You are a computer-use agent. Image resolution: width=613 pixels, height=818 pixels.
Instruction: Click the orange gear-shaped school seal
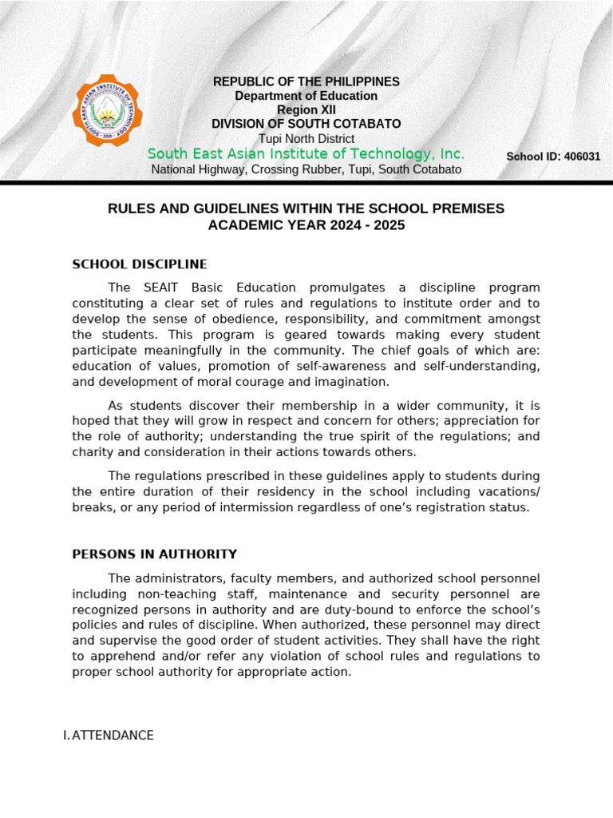107,111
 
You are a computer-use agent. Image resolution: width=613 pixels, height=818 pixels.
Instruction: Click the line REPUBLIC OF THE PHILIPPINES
306,81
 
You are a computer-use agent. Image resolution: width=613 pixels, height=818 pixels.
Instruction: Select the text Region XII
306,110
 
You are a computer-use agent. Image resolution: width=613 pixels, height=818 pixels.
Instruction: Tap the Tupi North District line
306,139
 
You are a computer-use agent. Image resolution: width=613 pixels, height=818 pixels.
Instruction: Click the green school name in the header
306,153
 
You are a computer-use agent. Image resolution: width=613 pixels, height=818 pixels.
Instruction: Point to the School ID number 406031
582,157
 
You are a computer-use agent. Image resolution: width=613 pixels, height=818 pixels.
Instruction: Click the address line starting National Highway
306,169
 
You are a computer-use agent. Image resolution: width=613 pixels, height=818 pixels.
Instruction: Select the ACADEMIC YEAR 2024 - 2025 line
306,225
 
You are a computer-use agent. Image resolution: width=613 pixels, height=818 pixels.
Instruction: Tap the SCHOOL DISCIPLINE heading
140,264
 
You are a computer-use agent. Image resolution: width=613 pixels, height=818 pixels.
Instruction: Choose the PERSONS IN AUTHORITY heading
154,554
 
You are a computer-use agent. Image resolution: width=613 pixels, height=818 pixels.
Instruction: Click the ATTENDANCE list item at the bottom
113,735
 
